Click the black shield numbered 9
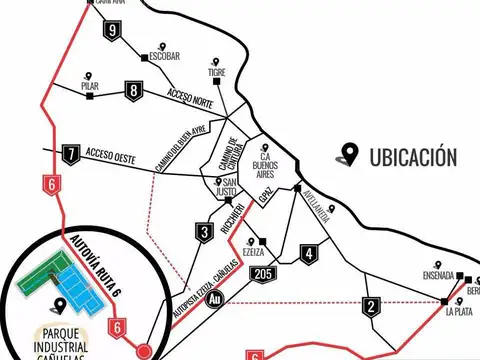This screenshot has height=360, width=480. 112,31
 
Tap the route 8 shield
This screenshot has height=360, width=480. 133,91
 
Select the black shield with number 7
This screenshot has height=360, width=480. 70,155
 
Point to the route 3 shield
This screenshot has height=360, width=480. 204,233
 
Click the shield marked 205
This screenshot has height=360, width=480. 264,275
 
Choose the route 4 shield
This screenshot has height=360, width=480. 309,253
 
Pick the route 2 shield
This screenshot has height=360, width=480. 372,307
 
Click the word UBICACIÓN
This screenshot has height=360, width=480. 412,157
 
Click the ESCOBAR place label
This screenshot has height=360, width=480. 164,57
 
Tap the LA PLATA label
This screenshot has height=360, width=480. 459,312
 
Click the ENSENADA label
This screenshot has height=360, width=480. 437,276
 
